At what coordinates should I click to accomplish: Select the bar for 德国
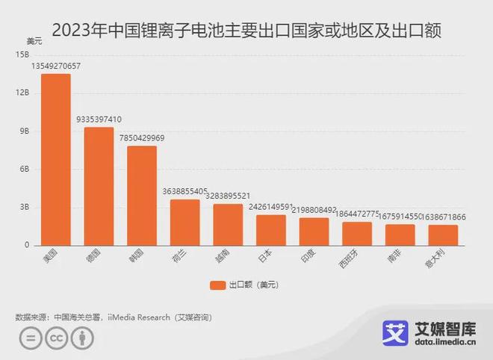click(x=99, y=186)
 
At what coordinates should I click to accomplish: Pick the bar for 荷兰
click(x=185, y=222)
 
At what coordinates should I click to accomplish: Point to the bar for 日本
click(x=271, y=230)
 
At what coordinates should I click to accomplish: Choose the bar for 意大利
click(x=443, y=235)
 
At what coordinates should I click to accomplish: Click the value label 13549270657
click(x=56, y=66)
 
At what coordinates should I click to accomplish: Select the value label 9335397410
click(x=99, y=119)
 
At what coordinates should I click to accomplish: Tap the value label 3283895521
click(x=228, y=196)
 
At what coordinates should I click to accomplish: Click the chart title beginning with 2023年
click(x=246, y=31)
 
